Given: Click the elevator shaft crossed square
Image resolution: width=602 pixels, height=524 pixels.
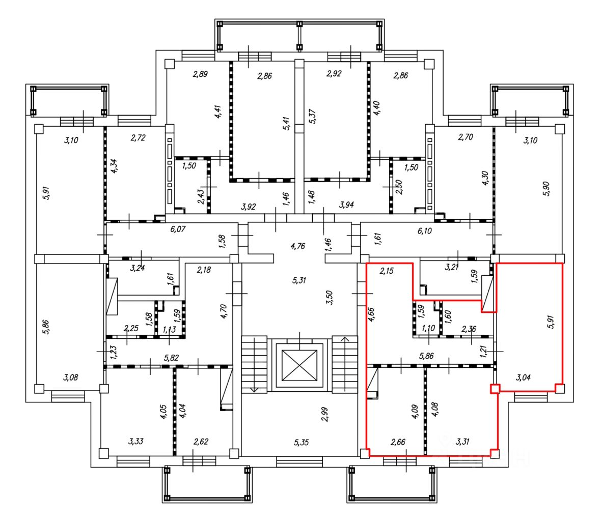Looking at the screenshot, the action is [299, 365].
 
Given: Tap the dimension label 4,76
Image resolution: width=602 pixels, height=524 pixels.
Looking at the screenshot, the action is [298, 246].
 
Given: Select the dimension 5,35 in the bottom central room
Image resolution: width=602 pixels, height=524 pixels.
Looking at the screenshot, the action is [302, 442].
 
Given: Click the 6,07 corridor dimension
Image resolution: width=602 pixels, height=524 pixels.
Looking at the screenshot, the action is [178, 229].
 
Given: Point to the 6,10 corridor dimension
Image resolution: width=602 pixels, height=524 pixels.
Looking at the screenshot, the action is [424, 231].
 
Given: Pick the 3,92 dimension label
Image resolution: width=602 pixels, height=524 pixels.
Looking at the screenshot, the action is [249, 207].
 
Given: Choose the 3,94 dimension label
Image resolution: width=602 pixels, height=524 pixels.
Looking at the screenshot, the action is [346, 205].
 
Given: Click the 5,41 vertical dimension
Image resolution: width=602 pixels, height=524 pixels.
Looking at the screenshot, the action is [286, 124].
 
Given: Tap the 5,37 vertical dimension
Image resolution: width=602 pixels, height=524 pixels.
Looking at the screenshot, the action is [313, 117].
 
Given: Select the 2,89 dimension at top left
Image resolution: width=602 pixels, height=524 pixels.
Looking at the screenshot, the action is [200, 74].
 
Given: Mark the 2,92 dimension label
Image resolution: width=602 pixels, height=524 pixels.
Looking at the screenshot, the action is [334, 74].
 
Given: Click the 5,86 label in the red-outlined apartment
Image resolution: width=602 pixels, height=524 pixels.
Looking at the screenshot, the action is [427, 356].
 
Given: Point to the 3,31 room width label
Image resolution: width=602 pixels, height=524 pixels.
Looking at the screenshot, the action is [462, 442].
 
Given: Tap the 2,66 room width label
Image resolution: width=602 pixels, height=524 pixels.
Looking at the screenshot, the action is [398, 442].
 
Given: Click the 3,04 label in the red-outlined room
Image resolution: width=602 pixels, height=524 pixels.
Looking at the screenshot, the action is [523, 377].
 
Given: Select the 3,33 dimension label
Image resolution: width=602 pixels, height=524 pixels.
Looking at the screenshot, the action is [136, 441].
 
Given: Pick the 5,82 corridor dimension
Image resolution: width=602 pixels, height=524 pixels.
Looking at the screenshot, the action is [171, 358].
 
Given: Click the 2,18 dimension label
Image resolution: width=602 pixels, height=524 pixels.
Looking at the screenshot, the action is [204, 270].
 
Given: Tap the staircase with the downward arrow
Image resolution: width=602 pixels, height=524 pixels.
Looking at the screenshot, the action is [254, 364].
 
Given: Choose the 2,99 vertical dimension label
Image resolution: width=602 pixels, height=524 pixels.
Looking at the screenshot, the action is [325, 414].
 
